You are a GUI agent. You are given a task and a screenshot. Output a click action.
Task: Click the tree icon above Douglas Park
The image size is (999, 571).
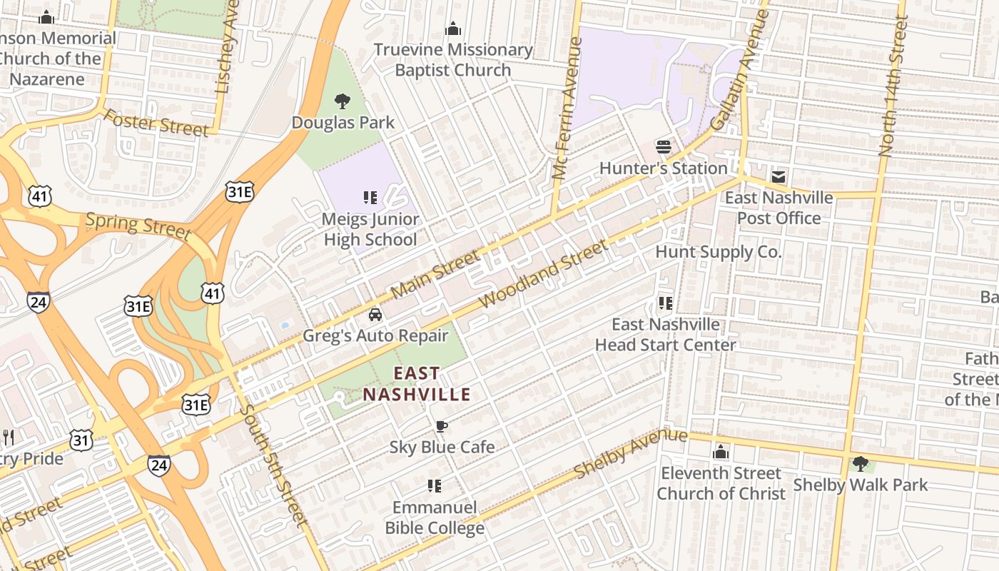tap(343, 101)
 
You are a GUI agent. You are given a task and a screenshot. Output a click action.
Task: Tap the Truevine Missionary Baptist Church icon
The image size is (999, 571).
tap(453, 29)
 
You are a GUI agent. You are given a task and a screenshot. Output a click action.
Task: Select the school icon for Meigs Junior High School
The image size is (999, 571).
tap(370, 198)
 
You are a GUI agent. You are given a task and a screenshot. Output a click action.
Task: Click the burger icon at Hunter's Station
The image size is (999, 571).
tap(664, 147)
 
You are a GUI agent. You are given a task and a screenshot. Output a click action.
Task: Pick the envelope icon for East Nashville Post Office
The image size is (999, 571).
tap(778, 176)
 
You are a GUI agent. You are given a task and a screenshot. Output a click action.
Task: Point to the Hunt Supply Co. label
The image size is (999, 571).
tap(719, 252)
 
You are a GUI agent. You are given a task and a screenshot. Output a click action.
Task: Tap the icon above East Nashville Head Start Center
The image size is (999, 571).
tap(666, 303)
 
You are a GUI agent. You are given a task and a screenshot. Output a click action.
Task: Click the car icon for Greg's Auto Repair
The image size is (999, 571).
tap(375, 315)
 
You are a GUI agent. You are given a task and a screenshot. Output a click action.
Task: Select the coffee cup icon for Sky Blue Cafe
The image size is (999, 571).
tap(442, 427)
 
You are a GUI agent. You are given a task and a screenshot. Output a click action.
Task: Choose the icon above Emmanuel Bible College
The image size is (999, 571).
tap(435, 486)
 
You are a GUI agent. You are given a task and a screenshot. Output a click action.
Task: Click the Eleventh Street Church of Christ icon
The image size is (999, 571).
tap(721, 453)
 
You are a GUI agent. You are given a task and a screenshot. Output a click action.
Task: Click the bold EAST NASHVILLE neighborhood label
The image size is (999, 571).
tap(417, 384)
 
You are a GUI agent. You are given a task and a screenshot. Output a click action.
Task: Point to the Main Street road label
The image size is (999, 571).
tap(436, 275)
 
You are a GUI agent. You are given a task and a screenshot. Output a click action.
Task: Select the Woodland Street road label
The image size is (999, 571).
tap(543, 274)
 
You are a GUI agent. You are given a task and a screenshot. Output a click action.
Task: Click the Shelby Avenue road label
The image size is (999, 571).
tap(631, 453)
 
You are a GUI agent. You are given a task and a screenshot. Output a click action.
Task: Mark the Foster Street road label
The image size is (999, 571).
tap(156, 123)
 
